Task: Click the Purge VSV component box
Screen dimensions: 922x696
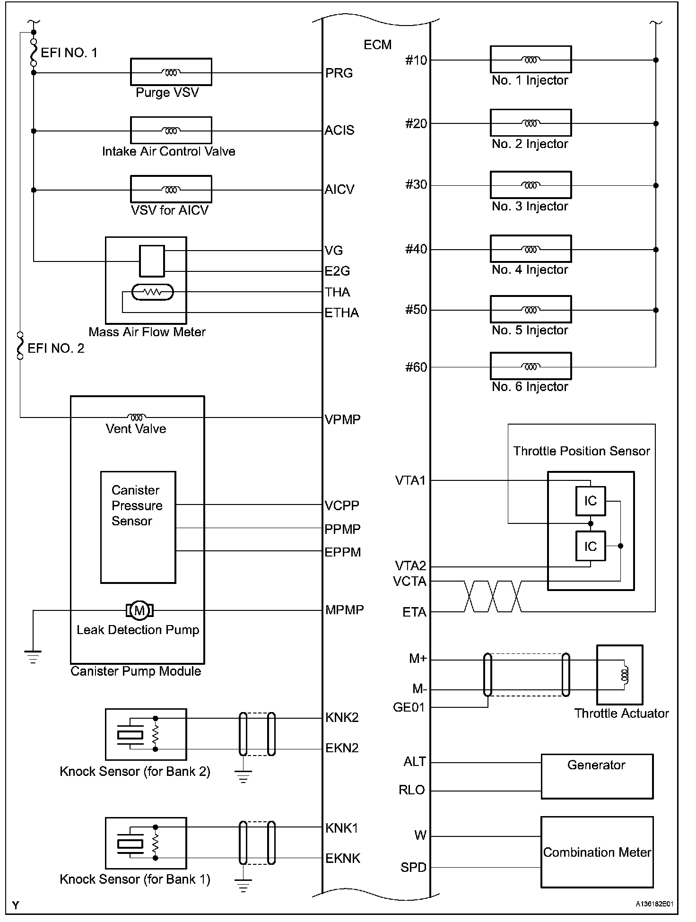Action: coord(171,72)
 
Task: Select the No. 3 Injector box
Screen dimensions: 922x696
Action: coord(531,185)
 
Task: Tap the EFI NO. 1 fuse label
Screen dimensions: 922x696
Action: coord(69,52)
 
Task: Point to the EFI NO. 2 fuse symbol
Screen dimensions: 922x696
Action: coord(20,346)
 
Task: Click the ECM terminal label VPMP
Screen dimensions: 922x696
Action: coord(342,419)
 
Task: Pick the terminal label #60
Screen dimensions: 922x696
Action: coord(416,367)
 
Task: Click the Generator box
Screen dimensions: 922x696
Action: coord(597,776)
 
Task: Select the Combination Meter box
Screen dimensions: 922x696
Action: coord(597,852)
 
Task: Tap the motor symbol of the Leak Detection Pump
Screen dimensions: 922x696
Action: coord(139,610)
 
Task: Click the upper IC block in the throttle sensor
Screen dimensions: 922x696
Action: coord(591,501)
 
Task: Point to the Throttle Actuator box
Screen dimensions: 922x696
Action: coord(619,675)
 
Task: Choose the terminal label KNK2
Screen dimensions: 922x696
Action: coord(342,718)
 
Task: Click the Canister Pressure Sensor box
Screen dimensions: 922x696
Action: coord(138,527)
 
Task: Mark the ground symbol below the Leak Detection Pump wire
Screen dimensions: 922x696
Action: coord(33,657)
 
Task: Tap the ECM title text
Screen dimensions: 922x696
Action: coord(377,45)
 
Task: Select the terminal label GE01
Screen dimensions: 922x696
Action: coord(409,708)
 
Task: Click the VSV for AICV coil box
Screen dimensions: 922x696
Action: coord(171,189)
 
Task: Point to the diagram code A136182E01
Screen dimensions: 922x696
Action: coord(654,904)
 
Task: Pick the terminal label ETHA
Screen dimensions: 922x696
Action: coord(341,313)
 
